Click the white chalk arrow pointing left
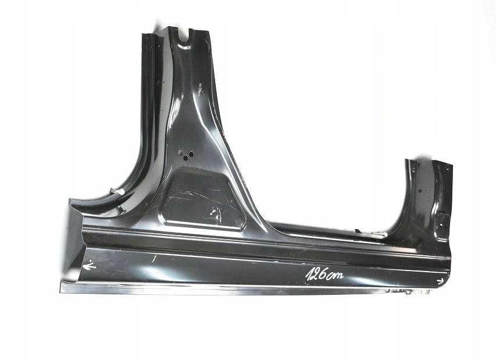point(89,266)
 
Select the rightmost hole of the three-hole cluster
point(190,154)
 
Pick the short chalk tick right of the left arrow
point(154,257)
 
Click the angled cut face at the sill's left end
point(72,244)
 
